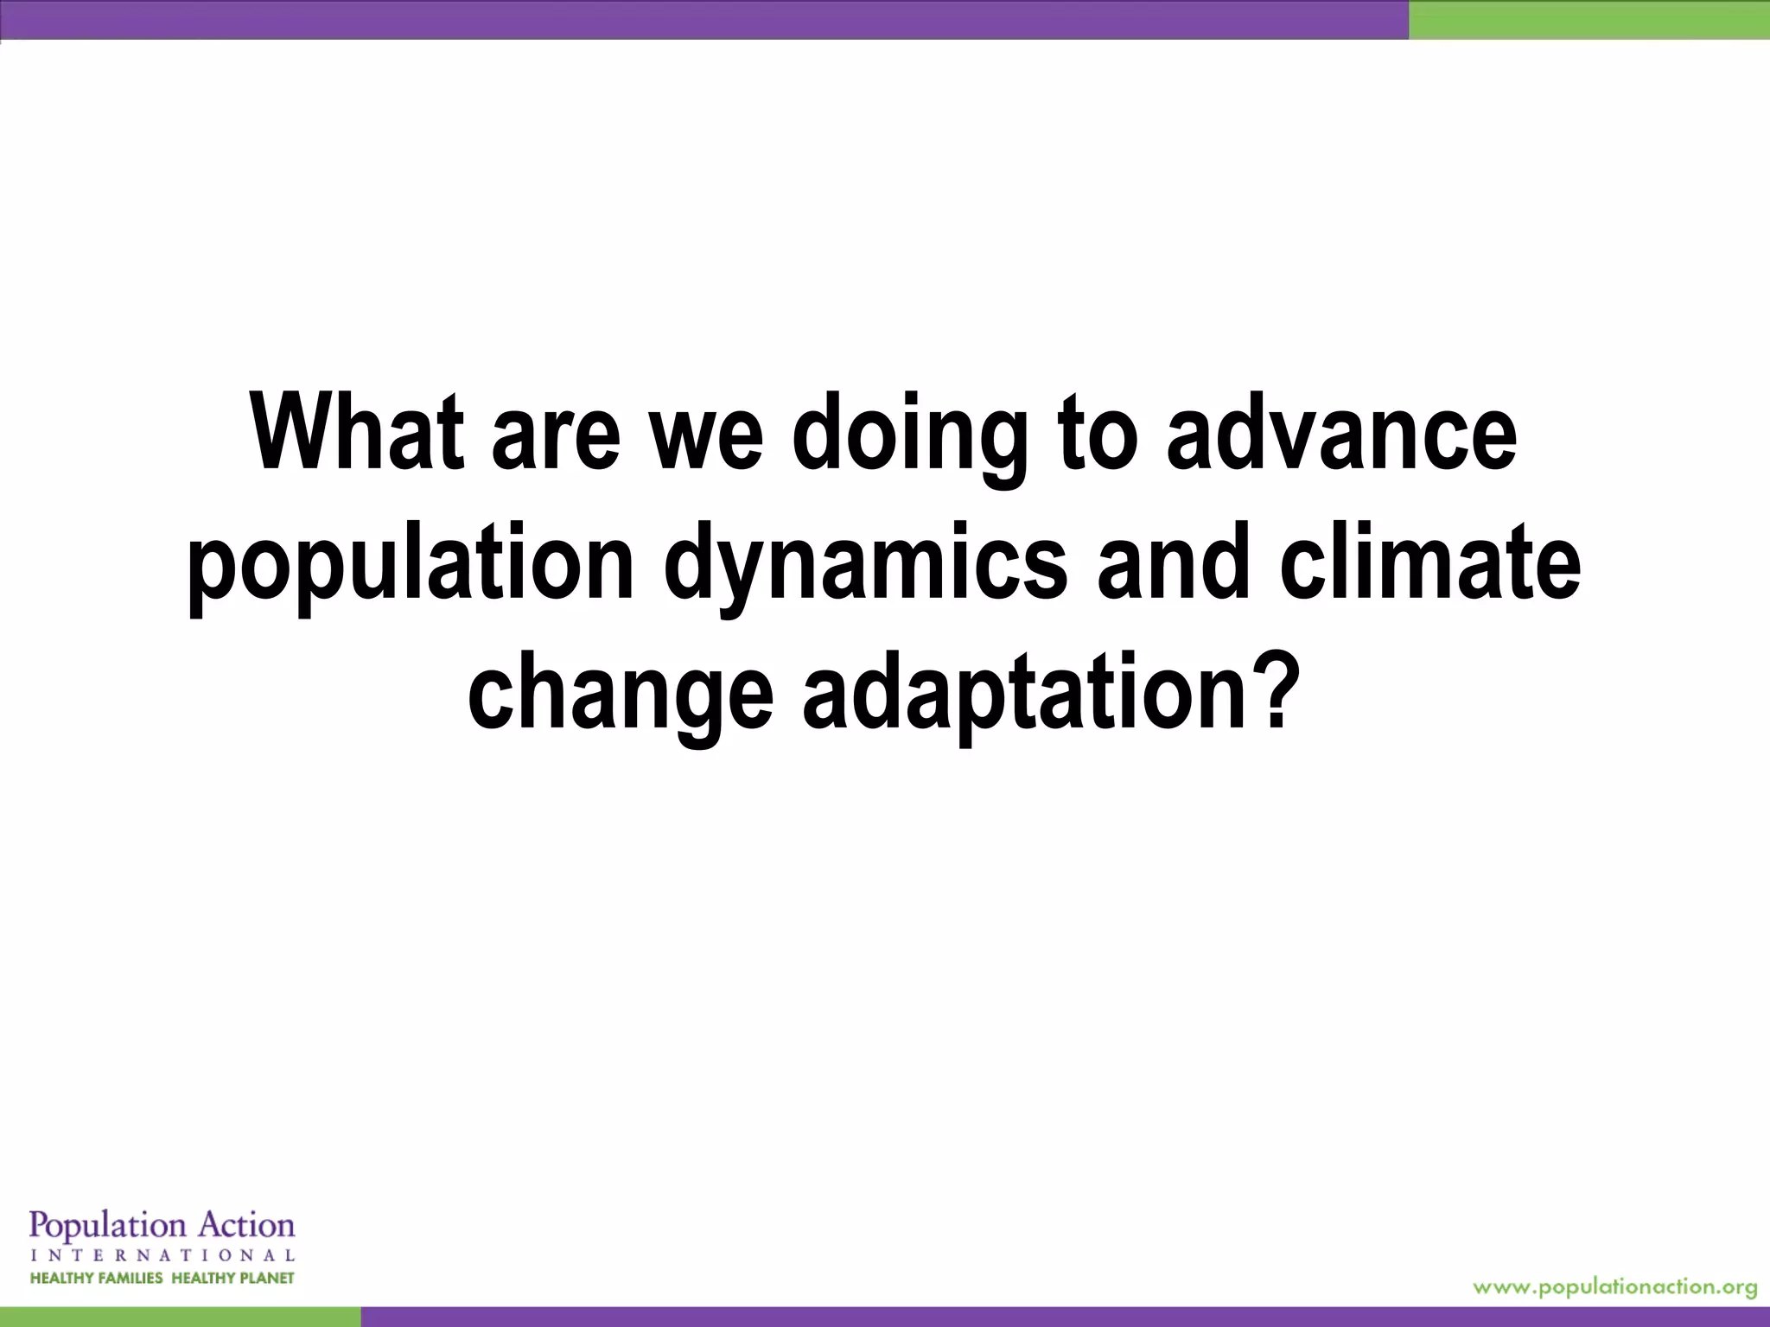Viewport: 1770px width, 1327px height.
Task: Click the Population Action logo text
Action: pos(162,1226)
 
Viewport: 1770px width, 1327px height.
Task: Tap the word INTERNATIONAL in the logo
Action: pos(162,1254)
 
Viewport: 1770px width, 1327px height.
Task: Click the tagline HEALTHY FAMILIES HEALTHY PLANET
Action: pos(162,1278)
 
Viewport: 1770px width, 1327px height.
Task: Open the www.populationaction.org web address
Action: pos(1614,1287)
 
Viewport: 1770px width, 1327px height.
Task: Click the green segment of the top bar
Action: pos(1589,19)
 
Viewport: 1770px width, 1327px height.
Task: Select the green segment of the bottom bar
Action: pos(180,1317)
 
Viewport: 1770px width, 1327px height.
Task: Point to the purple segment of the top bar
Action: pos(704,19)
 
